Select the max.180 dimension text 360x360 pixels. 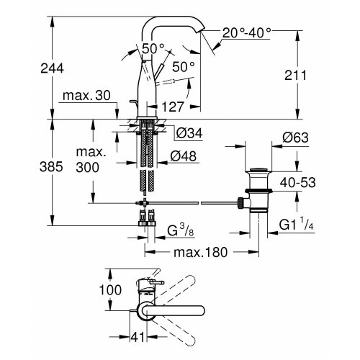pyautogui.click(x=192, y=253)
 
